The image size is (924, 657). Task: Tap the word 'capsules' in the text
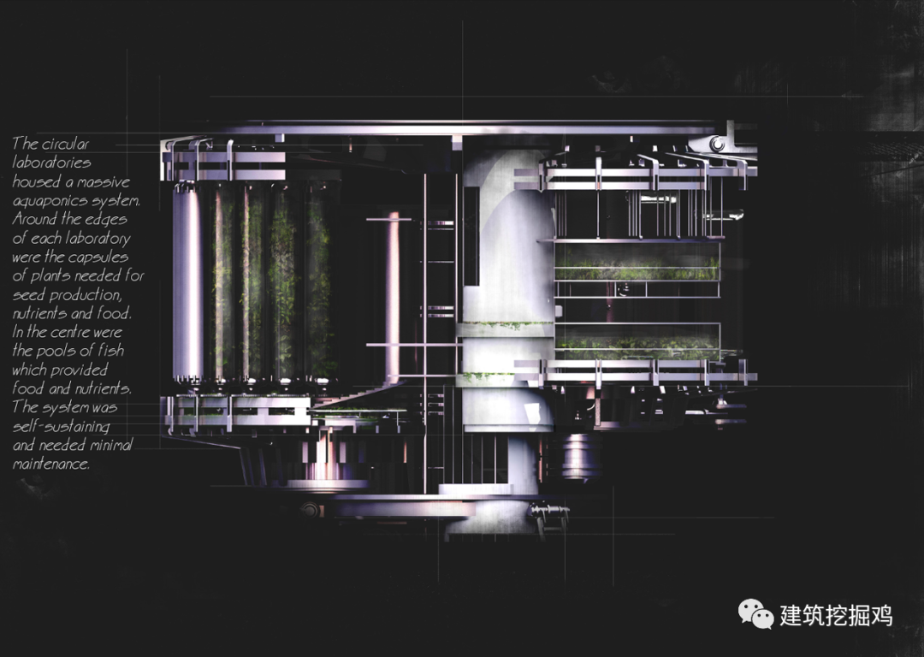pyautogui.click(x=98, y=258)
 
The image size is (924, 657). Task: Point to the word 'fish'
pyautogui.click(x=110, y=351)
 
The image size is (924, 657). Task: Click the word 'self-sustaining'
pyautogui.click(x=61, y=426)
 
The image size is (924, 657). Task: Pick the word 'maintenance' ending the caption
pyautogui.click(x=50, y=465)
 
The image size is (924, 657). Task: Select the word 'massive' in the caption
pyautogui.click(x=104, y=182)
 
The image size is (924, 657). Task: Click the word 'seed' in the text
pyautogui.click(x=29, y=294)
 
